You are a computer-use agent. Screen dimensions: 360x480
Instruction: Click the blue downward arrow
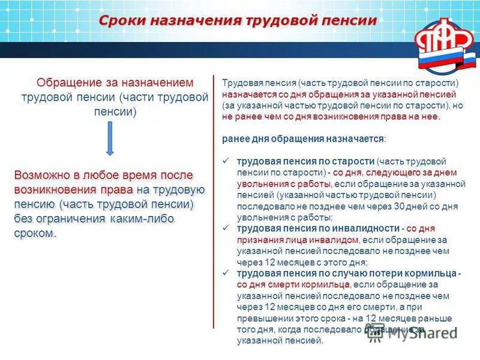point(110,138)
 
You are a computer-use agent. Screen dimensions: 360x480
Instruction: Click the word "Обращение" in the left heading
point(64,82)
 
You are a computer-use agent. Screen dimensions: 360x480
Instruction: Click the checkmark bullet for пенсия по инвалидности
point(226,229)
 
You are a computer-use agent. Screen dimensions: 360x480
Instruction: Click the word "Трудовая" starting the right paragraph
point(238,83)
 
